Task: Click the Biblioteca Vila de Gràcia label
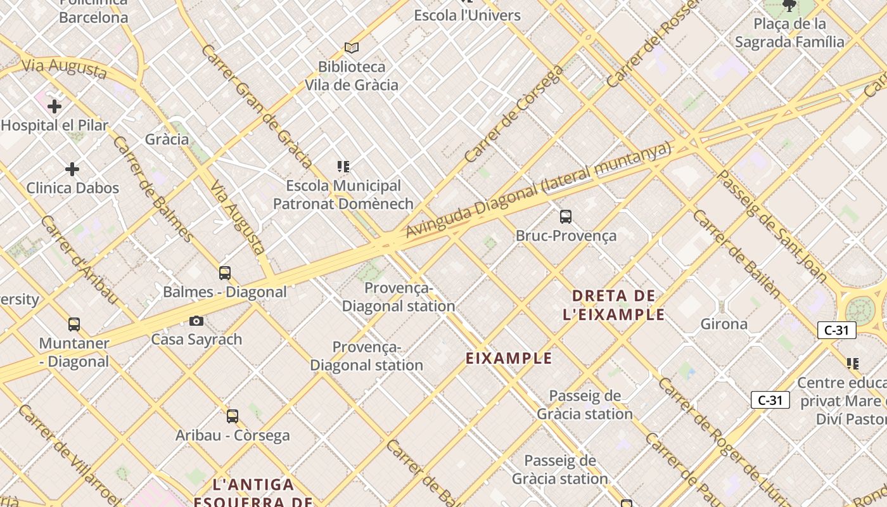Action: point(352,75)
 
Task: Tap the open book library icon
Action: point(352,48)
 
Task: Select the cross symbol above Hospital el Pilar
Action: point(54,106)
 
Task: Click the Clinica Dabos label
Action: point(72,188)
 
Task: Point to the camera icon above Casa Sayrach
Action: point(196,321)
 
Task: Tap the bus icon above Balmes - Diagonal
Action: point(225,273)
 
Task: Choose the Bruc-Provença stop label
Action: point(566,236)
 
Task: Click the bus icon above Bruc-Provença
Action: point(566,217)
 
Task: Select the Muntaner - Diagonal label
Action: point(74,352)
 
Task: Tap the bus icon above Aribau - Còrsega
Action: point(233,416)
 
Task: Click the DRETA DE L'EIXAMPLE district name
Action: point(613,305)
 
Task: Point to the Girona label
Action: point(724,324)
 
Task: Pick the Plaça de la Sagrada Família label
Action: point(789,33)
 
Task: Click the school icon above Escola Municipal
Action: point(343,167)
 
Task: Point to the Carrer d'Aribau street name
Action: point(79,259)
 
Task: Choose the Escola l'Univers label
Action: point(467,15)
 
